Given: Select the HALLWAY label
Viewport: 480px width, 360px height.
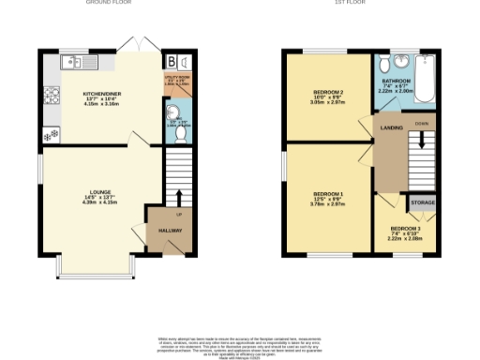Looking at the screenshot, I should (169, 230).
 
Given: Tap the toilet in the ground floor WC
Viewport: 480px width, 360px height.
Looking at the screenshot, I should (183, 133).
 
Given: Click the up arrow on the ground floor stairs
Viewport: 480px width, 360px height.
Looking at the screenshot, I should (178, 198).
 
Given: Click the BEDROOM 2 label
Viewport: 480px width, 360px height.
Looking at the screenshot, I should (327, 92).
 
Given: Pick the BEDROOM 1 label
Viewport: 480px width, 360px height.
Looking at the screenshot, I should (327, 192).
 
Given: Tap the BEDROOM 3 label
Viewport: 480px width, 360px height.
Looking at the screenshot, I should (406, 229).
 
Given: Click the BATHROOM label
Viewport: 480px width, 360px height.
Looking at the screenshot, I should (396, 82).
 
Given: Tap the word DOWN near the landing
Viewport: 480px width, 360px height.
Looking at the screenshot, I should (422, 123).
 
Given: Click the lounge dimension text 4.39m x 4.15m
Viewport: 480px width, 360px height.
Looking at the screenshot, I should (100, 202).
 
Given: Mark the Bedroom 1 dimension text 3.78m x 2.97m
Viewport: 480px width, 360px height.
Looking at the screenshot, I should (327, 203).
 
